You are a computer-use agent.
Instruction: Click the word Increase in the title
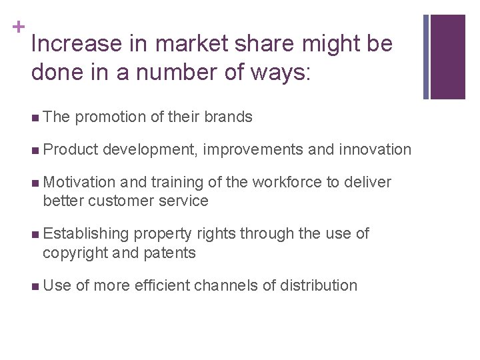(67, 45)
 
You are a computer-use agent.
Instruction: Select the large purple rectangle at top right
(448, 57)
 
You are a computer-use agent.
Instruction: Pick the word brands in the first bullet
(229, 117)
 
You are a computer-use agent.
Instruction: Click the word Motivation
(79, 182)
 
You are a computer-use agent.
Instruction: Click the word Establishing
(85, 234)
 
